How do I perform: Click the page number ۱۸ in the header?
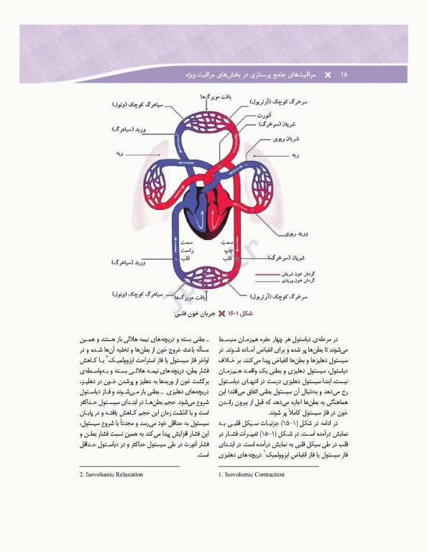pyautogui.click(x=344, y=74)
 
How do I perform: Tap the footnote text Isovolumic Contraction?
pyautogui.click(x=252, y=474)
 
